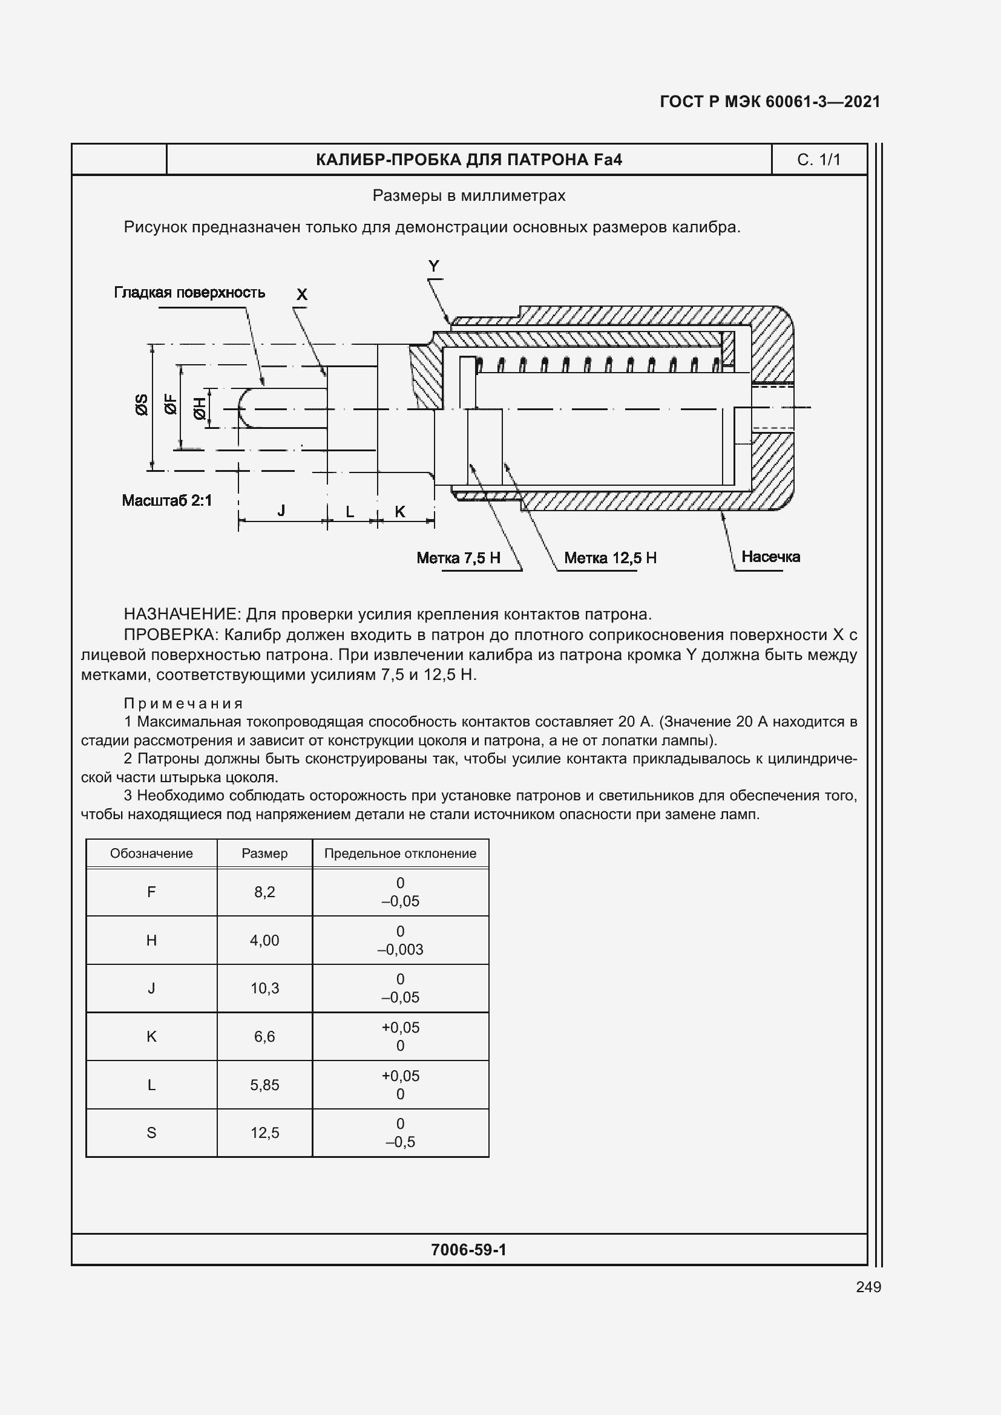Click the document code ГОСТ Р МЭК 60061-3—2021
click(769, 102)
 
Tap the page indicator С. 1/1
click(819, 160)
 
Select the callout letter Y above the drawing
click(434, 266)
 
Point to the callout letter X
click(301, 295)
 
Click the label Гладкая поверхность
click(189, 292)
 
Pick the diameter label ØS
click(142, 405)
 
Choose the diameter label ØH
click(200, 408)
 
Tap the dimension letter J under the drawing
click(281, 511)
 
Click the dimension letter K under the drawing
click(399, 512)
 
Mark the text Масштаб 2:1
click(166, 500)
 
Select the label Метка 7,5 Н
click(458, 558)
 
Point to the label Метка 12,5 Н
click(609, 558)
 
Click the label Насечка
click(770, 557)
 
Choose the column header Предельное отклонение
click(400, 854)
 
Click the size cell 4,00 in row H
click(264, 941)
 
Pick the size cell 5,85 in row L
click(264, 1085)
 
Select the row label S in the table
click(151, 1132)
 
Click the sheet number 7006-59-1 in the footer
click(468, 1250)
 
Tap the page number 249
click(868, 1287)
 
